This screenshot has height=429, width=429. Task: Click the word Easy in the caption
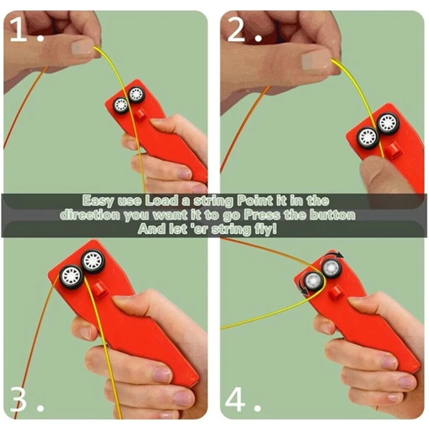[97, 201]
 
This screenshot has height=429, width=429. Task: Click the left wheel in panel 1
[122, 105]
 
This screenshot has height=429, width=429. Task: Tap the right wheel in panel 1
[137, 95]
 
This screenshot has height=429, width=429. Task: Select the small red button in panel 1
[140, 115]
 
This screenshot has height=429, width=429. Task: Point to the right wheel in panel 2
[388, 123]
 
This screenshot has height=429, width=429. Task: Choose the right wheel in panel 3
[93, 262]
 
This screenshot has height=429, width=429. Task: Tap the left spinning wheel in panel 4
[312, 282]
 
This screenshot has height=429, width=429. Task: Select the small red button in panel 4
[337, 293]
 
